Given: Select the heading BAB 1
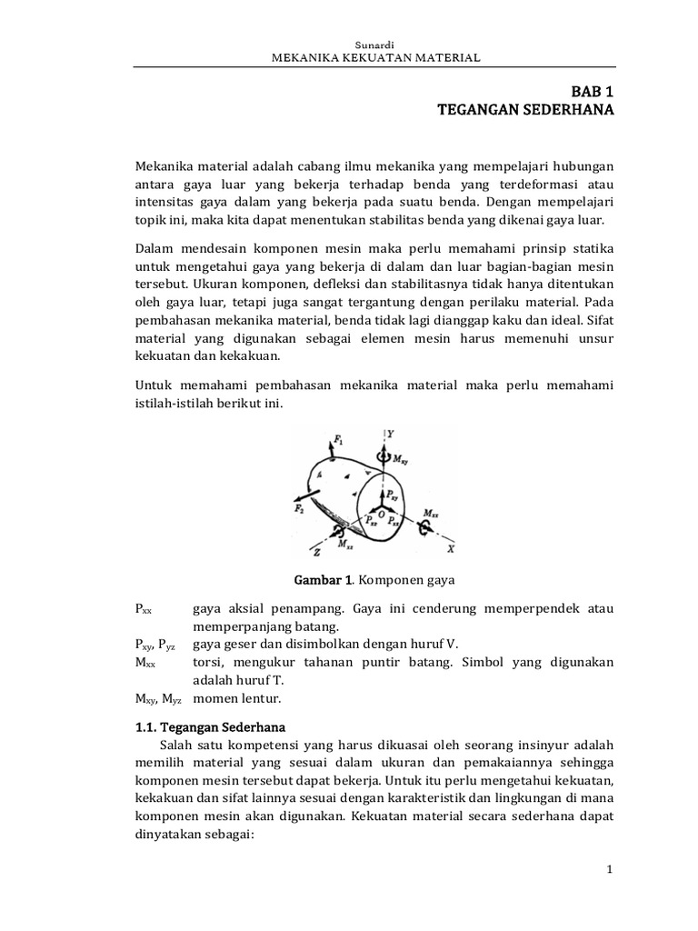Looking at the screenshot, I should (592, 93).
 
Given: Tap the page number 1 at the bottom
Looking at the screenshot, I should (611, 870).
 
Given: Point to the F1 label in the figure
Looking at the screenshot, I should (339, 440).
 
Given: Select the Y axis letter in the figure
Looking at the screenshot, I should (390, 435).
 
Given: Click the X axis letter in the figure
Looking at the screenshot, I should (451, 549).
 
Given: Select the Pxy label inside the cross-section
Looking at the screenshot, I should (391, 494).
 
